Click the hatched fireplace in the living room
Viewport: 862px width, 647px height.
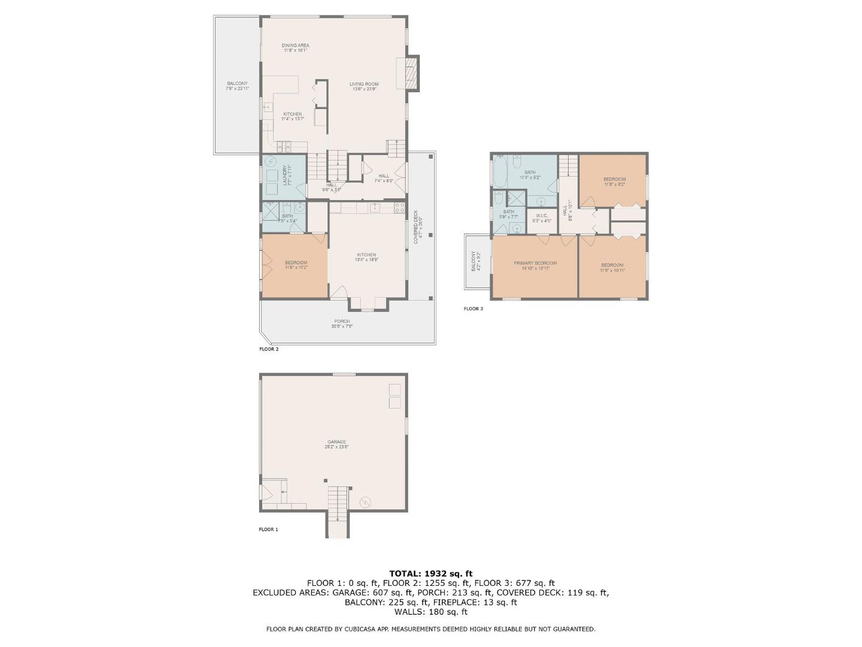pos(411,73)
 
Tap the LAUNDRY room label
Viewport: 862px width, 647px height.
pos(286,176)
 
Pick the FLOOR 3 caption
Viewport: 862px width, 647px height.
pos(473,309)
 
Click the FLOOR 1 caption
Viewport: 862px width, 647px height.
pos(268,530)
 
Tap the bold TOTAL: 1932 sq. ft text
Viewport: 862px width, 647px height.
pos(430,573)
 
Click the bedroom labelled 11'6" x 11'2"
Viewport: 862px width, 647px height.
pos(296,265)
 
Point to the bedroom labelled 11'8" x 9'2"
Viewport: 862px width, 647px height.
pos(614,182)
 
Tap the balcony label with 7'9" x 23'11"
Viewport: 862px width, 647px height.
pos(237,86)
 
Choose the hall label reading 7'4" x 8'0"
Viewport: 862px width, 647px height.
pos(384,178)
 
